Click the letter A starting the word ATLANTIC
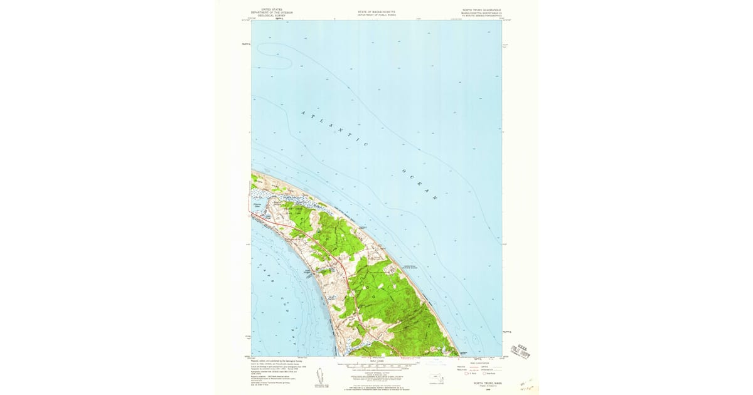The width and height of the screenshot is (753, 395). click(x=304, y=113)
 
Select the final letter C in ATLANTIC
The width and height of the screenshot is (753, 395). click(x=366, y=145)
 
